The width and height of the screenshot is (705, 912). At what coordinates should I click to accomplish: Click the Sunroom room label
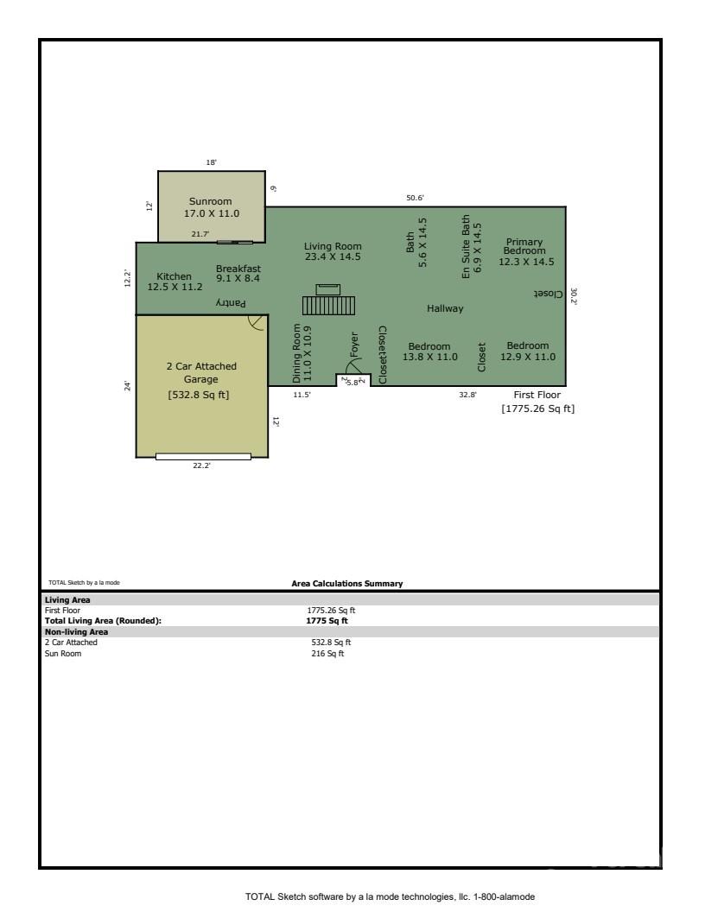[211, 207]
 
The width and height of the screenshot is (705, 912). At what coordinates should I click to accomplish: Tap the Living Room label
[333, 251]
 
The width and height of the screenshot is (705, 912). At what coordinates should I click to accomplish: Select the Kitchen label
[174, 282]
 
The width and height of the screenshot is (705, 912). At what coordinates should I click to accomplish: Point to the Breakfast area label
[238, 273]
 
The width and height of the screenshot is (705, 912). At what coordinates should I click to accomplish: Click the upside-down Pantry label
[231, 303]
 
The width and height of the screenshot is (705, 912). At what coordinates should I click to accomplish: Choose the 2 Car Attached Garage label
[201, 372]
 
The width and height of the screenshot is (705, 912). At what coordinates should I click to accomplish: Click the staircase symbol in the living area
[328, 305]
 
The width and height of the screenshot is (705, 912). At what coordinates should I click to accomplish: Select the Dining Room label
[302, 353]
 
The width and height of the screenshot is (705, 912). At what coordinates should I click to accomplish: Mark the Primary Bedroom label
[525, 251]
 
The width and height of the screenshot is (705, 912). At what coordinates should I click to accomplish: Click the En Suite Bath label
[473, 246]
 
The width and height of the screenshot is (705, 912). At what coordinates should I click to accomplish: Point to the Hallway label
[445, 308]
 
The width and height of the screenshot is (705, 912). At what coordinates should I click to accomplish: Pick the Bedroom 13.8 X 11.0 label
[429, 351]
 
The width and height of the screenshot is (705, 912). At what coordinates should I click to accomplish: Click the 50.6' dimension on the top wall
[415, 198]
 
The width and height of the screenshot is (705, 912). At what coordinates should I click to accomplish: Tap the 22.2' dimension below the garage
[201, 466]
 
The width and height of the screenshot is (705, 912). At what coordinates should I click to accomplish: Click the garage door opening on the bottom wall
[203, 456]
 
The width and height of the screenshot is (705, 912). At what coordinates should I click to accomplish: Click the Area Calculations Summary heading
[347, 584]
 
